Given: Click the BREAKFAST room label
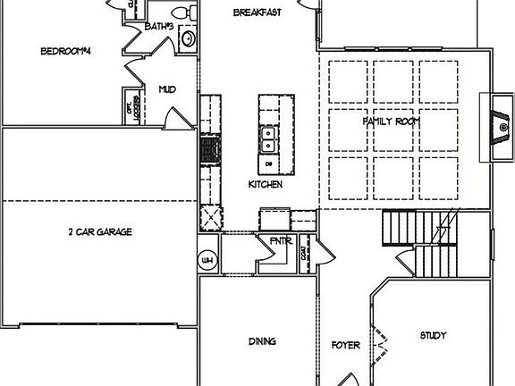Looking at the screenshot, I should tap(257, 13).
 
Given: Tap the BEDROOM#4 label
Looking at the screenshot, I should tap(67, 51).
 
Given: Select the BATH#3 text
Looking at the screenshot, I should tap(157, 27).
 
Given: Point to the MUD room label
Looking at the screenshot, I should tap(166, 88).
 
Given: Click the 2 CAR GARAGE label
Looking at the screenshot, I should tap(100, 231).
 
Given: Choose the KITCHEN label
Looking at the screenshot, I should tap(266, 184).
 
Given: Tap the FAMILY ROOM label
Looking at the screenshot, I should tap(391, 121).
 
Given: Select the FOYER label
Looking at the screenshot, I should tap(345, 344).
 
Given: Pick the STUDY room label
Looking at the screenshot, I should tap(434, 336).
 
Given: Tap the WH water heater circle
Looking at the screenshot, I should tap(207, 260).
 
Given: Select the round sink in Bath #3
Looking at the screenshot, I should tap(189, 38).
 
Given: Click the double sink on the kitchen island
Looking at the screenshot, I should tap(268, 138).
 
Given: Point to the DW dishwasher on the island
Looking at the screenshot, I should tap(269, 165).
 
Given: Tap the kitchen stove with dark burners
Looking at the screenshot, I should tap(209, 150).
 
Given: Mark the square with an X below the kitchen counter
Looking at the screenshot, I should tap(211, 217).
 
